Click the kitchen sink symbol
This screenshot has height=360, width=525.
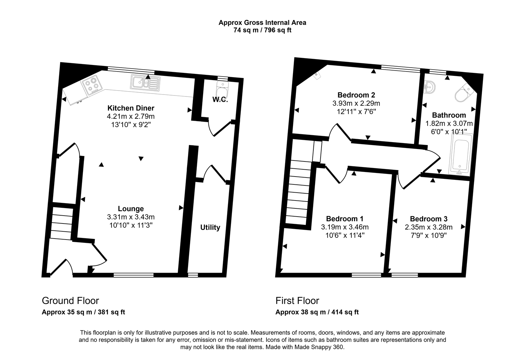tap(145, 82)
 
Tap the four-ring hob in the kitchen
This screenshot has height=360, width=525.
tap(92, 83)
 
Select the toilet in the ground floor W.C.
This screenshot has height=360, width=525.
tap(222, 89)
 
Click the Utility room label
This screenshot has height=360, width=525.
tap(210, 227)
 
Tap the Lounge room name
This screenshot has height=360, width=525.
tap(131, 209)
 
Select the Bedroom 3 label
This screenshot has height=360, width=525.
tap(429, 219)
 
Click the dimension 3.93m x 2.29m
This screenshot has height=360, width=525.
tap(356, 103)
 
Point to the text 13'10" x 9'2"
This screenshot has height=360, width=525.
tap(131, 125)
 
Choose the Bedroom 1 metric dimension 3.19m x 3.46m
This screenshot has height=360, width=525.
tap(345, 227)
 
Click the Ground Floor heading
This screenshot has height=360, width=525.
tap(70, 301)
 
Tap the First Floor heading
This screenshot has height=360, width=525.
tap(297, 301)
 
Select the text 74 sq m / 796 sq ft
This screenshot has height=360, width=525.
tap(262, 30)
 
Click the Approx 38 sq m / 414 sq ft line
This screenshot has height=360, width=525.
tap(317, 312)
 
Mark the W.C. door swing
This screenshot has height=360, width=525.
tap(219, 128)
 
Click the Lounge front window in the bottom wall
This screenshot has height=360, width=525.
tap(134, 275)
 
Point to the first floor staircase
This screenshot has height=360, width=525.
tap(298, 192)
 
